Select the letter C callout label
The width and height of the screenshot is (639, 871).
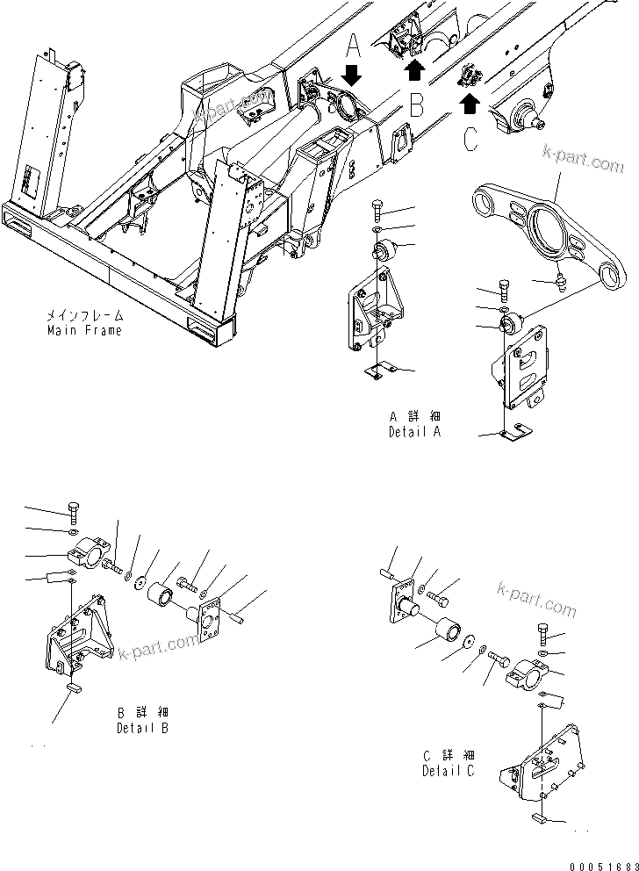(x=471, y=140)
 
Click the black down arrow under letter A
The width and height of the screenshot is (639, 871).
(x=350, y=75)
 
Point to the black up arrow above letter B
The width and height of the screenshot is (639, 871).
(x=414, y=71)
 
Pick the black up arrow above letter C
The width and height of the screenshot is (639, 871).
(x=470, y=104)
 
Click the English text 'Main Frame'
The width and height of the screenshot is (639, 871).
(x=85, y=330)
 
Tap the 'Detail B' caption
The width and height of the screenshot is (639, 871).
(x=142, y=728)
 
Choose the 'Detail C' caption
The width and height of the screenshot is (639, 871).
(x=448, y=770)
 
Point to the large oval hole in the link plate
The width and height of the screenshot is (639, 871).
(x=549, y=234)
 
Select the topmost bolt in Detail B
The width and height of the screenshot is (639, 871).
(x=73, y=513)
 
